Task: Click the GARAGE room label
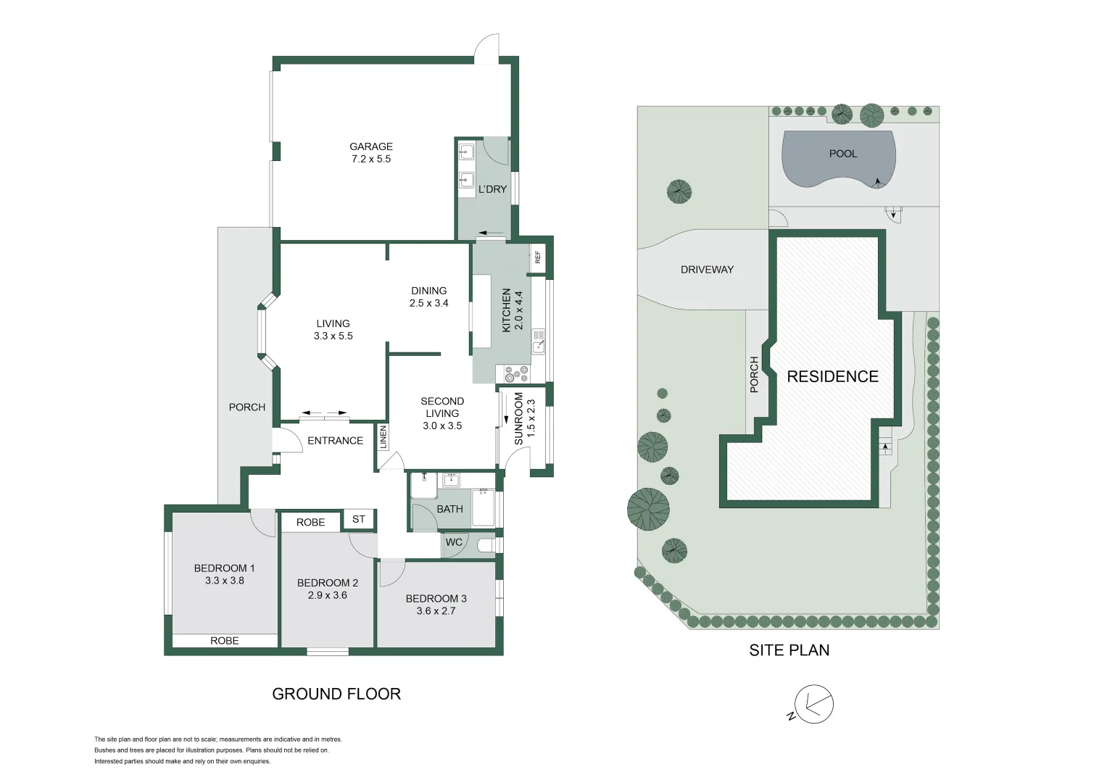pyautogui.click(x=371, y=146)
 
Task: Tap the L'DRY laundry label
pyautogui.click(x=492, y=189)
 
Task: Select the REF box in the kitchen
pyautogui.click(x=538, y=257)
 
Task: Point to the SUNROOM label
pyautogui.click(x=518, y=419)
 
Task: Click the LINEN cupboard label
pyautogui.click(x=383, y=437)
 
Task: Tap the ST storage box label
pyautogui.click(x=359, y=519)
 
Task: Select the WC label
pyautogui.click(x=454, y=542)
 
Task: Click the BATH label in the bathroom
pyautogui.click(x=449, y=509)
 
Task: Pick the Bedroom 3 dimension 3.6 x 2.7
pyautogui.click(x=436, y=611)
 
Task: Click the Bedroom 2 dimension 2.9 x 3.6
pyautogui.click(x=327, y=595)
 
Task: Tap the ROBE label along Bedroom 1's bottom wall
pyautogui.click(x=225, y=641)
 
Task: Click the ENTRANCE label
pyautogui.click(x=335, y=441)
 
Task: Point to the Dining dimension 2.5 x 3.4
pyautogui.click(x=429, y=303)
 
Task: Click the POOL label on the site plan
pyautogui.click(x=843, y=154)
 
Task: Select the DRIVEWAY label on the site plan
pyautogui.click(x=707, y=270)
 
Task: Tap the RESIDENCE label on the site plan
pyautogui.click(x=832, y=377)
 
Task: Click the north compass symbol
pyautogui.click(x=813, y=704)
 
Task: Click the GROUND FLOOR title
pyautogui.click(x=336, y=694)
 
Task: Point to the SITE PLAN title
pyautogui.click(x=789, y=650)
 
